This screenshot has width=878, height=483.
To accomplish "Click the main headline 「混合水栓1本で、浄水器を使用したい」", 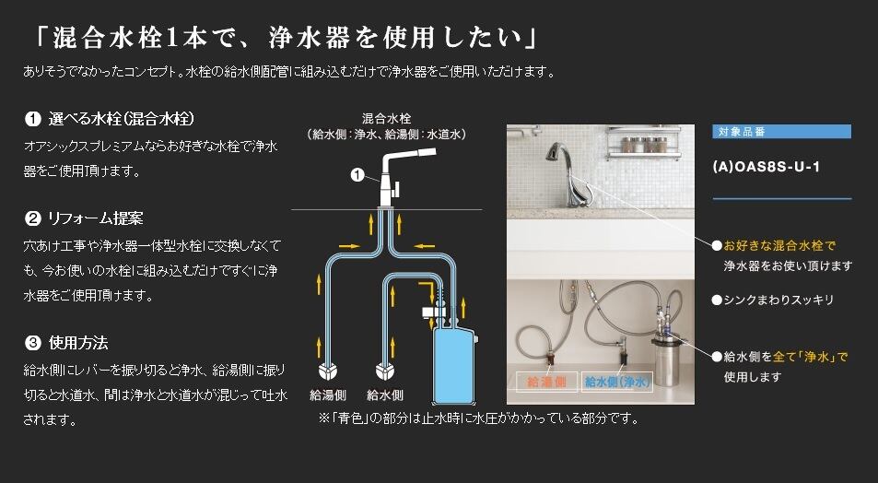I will (286, 38).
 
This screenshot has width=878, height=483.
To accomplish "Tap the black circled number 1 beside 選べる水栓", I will (32, 119).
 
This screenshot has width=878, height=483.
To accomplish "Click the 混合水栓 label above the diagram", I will (386, 119).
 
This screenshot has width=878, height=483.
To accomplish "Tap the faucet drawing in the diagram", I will (396, 175).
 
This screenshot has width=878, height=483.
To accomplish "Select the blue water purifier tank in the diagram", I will (456, 369).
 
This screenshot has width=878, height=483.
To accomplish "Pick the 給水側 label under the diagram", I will (384, 395).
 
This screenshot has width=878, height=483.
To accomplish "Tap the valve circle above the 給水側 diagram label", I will (384, 371).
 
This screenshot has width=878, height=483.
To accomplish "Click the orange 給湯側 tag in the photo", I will (545, 381).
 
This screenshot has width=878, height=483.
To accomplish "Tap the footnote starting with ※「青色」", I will (478, 418).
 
